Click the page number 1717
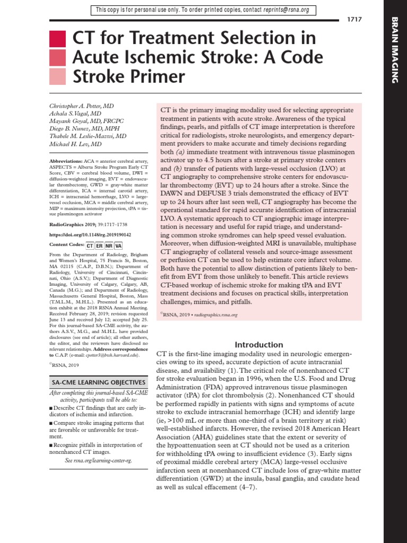point(355,20)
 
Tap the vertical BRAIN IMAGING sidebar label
point(394,50)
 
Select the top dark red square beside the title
point(57,39)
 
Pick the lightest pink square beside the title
point(57,77)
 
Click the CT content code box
point(91,246)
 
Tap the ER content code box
point(100,246)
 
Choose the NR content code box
point(109,246)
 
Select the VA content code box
point(118,246)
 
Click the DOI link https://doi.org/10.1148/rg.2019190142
point(90,234)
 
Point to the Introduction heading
point(260,344)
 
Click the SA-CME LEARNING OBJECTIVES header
point(98,382)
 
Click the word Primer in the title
point(155,77)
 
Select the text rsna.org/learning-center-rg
point(105,461)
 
